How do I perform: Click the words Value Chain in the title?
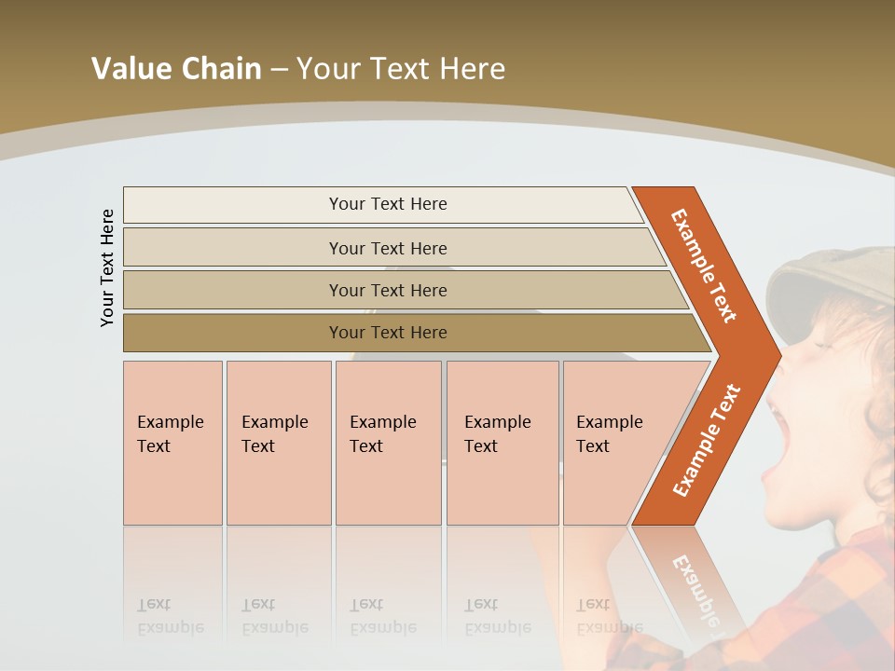point(176,68)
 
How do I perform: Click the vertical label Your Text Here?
point(107,267)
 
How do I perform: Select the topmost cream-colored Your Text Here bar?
point(388,204)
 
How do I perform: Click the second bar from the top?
point(388,248)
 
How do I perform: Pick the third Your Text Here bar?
point(388,290)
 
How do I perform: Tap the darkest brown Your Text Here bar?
point(388,333)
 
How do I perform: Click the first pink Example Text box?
point(172,443)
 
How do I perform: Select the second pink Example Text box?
point(279,443)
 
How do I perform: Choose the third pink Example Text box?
point(388,443)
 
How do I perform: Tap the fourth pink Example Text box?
point(503,443)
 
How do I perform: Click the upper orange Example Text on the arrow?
point(704,266)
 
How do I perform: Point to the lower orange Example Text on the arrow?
point(707,441)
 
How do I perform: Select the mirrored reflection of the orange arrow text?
point(695,587)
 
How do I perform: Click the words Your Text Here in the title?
point(401,68)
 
